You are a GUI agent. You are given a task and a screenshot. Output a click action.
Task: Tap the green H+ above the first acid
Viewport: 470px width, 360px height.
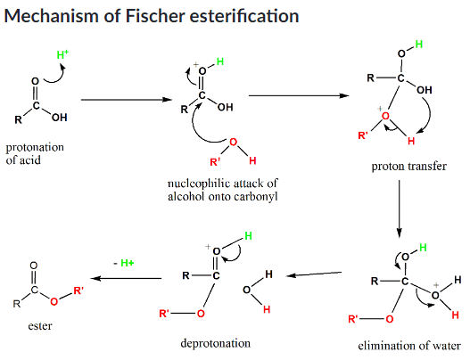click(x=62, y=55)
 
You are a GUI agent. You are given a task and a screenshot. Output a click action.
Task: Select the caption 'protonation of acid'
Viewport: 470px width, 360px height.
click(x=35, y=153)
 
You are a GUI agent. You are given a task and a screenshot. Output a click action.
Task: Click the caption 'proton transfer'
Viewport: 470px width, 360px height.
click(x=408, y=167)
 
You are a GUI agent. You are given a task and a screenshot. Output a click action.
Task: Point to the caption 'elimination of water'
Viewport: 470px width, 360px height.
click(x=409, y=346)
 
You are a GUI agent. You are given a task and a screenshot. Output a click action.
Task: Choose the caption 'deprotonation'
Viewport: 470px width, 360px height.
click(x=215, y=343)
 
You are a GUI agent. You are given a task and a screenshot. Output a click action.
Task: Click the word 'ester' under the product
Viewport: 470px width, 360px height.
click(x=40, y=326)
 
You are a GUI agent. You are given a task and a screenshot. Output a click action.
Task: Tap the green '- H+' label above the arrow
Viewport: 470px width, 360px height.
click(x=123, y=263)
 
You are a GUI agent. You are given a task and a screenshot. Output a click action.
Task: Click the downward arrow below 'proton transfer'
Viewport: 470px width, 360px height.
click(x=399, y=209)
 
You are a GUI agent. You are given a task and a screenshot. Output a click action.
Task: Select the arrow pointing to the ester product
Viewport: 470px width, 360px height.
click(x=126, y=279)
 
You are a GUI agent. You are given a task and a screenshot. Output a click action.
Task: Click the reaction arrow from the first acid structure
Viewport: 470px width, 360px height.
click(x=127, y=100)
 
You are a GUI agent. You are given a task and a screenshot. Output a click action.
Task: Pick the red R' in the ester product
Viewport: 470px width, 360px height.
click(x=78, y=290)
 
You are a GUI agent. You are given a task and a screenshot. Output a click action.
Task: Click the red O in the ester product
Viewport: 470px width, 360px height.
click(x=54, y=301)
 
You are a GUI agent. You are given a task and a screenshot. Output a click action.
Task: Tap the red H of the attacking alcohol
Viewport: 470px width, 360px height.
click(x=252, y=160)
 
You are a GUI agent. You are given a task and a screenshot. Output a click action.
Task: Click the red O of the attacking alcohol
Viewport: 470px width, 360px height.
click(x=233, y=142)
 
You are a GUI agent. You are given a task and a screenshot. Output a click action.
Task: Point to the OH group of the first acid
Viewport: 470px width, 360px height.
click(x=60, y=118)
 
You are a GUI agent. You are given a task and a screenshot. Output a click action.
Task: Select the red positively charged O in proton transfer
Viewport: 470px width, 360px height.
click(x=386, y=116)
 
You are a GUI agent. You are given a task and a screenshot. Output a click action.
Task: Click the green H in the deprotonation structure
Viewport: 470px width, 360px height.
click(x=248, y=236)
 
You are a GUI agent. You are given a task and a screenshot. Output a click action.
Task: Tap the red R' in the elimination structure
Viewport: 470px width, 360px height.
click(x=353, y=319)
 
